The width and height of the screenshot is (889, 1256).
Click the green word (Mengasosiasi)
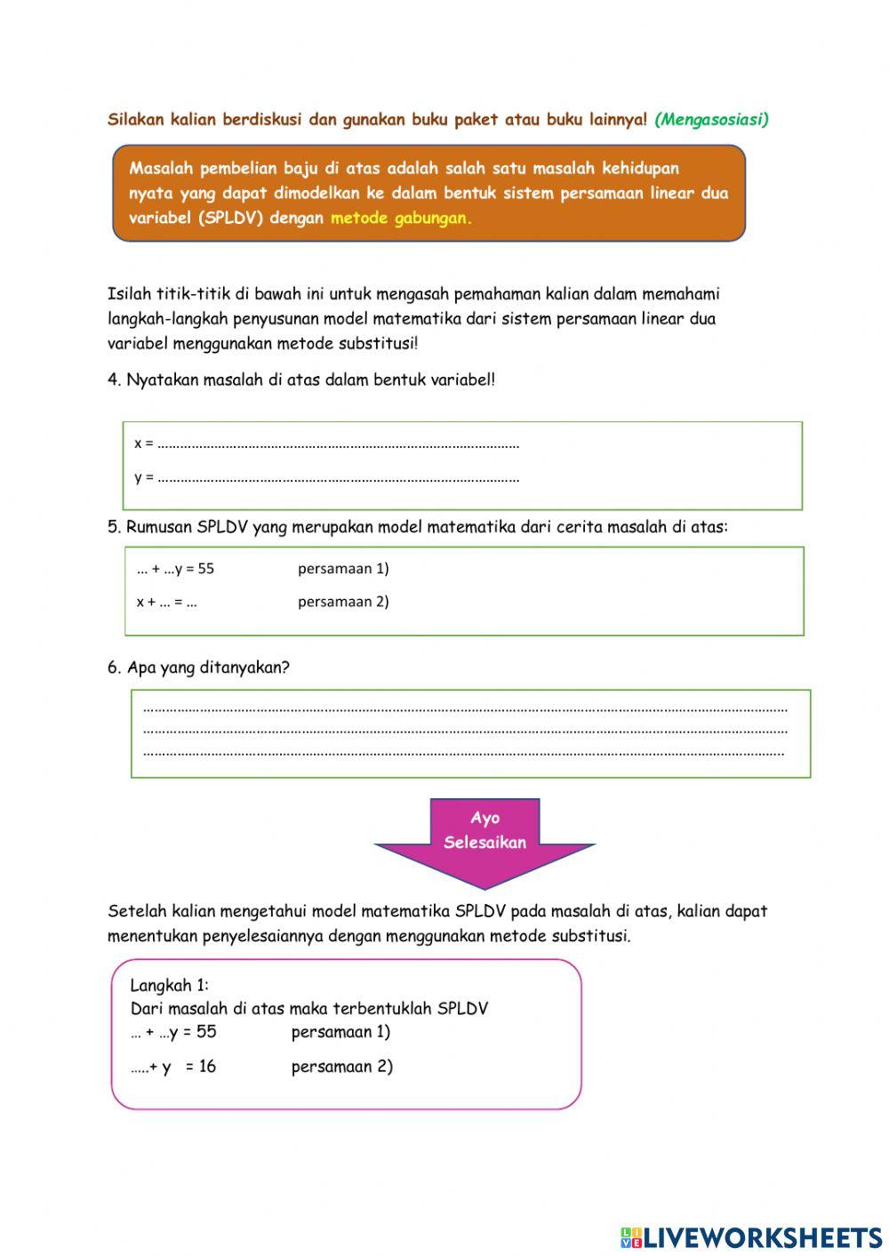pyautogui.click(x=711, y=119)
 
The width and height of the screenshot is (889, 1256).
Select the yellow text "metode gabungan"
pyautogui.click(x=400, y=218)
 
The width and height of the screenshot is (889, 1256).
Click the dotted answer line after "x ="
pyautogui.click(x=338, y=444)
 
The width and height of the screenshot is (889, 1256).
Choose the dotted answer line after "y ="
pyautogui.click(x=338, y=478)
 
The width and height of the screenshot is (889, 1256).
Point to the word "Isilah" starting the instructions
pyautogui.click(x=130, y=294)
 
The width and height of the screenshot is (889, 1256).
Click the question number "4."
pyautogui.click(x=115, y=380)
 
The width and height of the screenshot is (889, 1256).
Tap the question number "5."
pyautogui.click(x=115, y=527)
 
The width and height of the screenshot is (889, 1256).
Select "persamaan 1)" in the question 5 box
pyautogui.click(x=343, y=569)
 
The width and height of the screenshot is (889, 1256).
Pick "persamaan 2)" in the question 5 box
pyautogui.click(x=343, y=602)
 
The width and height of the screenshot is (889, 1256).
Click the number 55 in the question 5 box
pyautogui.click(x=206, y=569)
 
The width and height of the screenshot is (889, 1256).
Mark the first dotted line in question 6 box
pyautogui.click(x=465, y=709)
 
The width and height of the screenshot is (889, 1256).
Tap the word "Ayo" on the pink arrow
pyautogui.click(x=485, y=818)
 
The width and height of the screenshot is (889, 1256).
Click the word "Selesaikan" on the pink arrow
pyautogui.click(x=485, y=843)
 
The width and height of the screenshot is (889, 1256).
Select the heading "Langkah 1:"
pyautogui.click(x=169, y=985)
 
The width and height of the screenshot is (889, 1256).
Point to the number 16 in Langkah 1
pyautogui.click(x=207, y=1067)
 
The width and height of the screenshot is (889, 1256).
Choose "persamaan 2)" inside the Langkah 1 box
pyautogui.click(x=341, y=1067)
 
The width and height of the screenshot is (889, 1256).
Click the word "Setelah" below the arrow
pyautogui.click(x=137, y=911)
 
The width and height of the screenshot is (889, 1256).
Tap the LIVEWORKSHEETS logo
pyautogui.click(x=751, y=1237)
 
